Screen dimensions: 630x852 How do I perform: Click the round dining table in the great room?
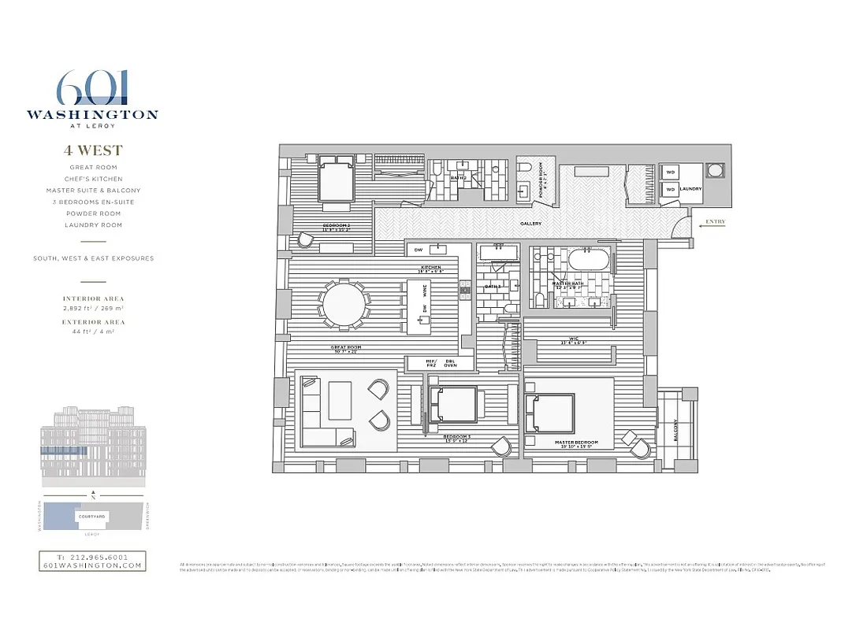coord(343,304)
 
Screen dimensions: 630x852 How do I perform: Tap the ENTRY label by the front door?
coord(715,222)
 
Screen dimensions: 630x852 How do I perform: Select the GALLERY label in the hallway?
coord(530,224)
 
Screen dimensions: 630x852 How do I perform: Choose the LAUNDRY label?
coord(691,189)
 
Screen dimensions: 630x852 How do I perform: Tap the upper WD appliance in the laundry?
coord(671,172)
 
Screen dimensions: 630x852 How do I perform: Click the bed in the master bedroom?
coord(550,413)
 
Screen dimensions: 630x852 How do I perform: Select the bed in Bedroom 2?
coord(337,180)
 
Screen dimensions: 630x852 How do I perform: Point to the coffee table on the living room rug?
coord(340,401)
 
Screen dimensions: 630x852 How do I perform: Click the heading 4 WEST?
coord(93,150)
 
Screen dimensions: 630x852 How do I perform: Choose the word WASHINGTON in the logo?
coord(92,114)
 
